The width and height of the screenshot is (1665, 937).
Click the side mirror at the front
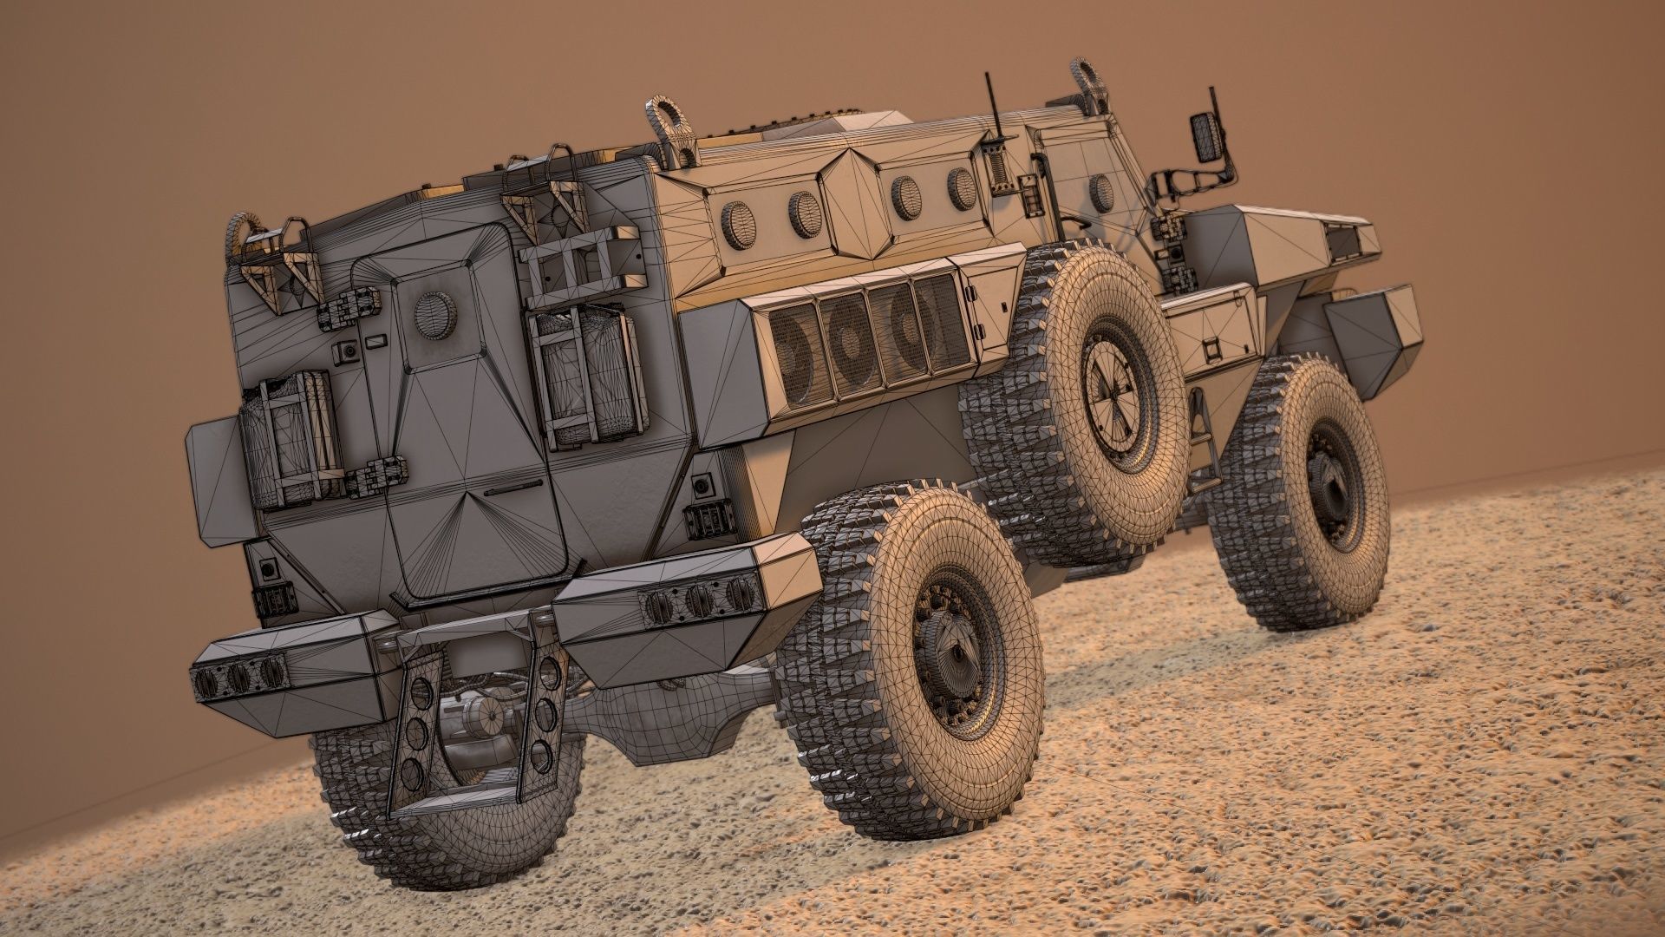click(x=1206, y=134)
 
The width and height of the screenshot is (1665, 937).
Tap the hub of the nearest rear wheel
click(x=955, y=646)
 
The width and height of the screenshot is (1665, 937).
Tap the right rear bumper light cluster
click(x=698, y=599)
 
